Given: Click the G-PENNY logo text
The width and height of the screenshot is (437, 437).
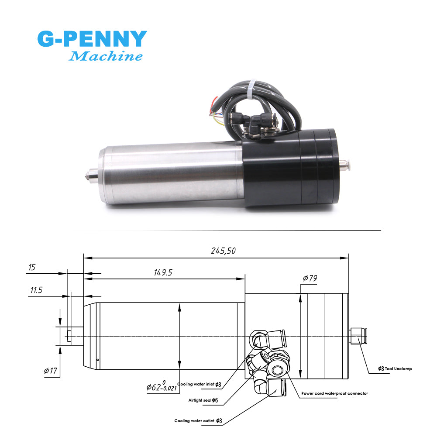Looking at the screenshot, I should [x=92, y=39].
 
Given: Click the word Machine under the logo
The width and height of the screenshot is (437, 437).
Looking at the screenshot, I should [x=106, y=56].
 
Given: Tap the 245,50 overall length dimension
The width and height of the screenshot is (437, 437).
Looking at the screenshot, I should [x=223, y=251].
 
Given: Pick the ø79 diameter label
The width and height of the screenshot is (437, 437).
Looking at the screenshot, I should [x=310, y=278].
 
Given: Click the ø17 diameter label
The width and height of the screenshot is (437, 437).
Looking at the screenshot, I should [x=51, y=372].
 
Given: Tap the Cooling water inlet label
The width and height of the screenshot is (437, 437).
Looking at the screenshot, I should [x=199, y=384].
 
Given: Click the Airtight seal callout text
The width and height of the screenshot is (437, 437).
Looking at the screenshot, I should [x=203, y=400].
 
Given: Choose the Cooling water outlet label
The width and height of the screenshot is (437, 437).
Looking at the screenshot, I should [x=198, y=421].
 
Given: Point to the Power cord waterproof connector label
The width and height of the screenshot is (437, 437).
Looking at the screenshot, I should [x=334, y=393].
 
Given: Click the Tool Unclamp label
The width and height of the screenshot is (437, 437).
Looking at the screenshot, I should [x=395, y=369].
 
